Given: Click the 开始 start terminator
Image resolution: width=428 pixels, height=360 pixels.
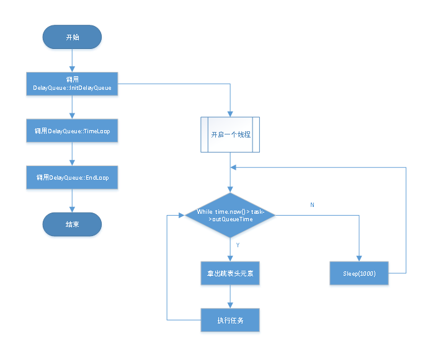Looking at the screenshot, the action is coord(72,37).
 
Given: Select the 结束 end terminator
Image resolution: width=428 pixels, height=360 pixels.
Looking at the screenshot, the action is coord(72,224).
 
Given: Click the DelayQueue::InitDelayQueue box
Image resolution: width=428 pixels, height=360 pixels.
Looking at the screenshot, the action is coord(72,84).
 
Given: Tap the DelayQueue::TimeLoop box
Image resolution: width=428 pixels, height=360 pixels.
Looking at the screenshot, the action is coord(72,131).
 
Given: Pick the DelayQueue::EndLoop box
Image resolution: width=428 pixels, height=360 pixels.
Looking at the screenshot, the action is coord(72,177).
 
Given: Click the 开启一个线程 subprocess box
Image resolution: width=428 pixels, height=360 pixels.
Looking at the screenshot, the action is coord(230,134).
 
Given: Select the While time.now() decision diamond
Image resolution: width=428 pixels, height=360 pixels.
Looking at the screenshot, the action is coord(230,215).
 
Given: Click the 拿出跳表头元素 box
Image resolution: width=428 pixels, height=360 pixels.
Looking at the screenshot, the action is coord(230,273).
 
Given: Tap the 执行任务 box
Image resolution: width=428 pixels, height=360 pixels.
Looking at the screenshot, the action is coord(230,320).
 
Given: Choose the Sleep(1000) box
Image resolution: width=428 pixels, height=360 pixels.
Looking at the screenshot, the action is coord(359,273).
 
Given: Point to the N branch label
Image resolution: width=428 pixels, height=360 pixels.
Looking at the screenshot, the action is coord(312,205).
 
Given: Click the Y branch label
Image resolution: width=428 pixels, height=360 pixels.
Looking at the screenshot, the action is coord(238,245).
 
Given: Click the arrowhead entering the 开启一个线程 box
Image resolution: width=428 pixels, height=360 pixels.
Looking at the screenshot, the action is coord(230,114).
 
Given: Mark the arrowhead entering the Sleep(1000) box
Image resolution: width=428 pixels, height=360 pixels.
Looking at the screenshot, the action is coord(359,259).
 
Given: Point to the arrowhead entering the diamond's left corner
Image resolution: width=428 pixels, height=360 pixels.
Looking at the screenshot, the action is coord(182,215).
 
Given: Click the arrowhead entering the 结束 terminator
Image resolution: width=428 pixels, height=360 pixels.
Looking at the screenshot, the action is coord(72,209).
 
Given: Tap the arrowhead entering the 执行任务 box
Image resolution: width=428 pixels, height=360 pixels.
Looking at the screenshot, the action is coord(230,305).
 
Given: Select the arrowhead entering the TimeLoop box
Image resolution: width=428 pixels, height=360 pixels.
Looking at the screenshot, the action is coord(72,116).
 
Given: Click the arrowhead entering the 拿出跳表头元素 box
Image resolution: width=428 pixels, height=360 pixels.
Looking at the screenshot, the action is coord(230,259).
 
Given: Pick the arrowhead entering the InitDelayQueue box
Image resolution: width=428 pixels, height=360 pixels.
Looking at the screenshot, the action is coord(72,69).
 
